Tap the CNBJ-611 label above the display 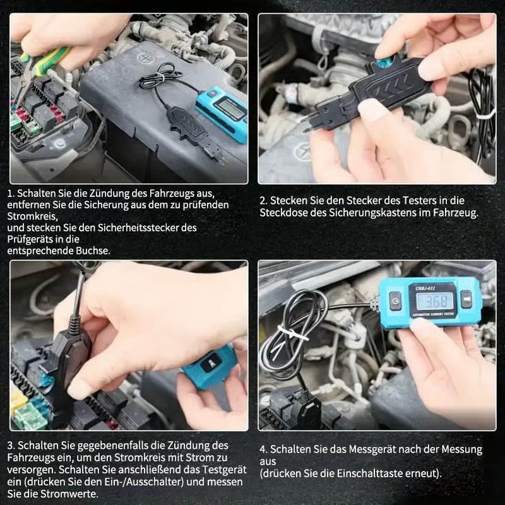pos(425,288)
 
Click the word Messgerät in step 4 pos(377,449)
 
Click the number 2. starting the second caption pos(263,201)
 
